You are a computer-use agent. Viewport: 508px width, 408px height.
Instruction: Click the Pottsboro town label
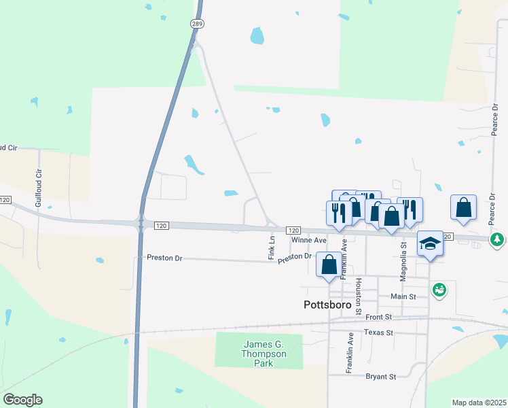click(327, 305)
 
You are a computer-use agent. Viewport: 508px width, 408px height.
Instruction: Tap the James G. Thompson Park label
click(264, 354)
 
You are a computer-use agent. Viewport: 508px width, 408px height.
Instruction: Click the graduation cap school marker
click(430, 243)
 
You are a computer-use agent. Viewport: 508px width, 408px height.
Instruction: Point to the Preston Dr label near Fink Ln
click(294, 256)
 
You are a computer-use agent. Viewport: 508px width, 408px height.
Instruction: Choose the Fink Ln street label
click(271, 248)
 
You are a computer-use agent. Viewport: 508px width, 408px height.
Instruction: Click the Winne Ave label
click(309, 241)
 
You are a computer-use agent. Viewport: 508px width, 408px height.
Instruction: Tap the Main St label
click(403, 296)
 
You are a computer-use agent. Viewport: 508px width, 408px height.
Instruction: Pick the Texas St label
click(378, 333)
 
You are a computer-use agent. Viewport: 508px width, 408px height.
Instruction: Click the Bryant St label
click(381, 376)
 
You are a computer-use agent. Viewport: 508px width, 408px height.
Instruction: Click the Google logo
click(22, 400)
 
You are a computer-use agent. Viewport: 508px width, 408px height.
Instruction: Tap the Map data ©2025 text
click(479, 403)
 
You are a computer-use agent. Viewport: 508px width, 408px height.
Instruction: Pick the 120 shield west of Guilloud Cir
click(5, 200)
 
